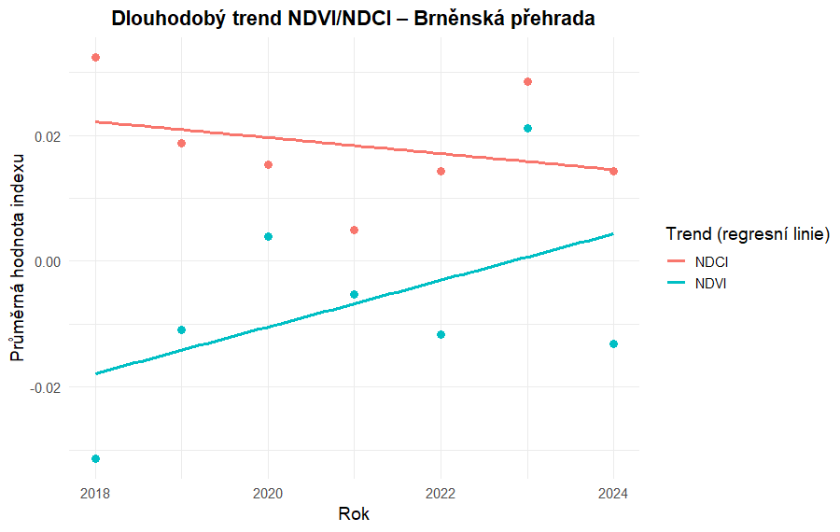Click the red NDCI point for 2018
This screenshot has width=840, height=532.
coord(95,58)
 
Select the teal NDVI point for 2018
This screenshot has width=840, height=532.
coord(95,458)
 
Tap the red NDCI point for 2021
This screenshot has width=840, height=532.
coord(355,230)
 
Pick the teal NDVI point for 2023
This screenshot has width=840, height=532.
coord(527,128)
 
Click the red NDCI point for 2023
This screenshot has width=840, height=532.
coord(527,82)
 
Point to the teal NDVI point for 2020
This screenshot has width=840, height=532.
coord(268,236)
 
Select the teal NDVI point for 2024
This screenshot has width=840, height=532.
coord(613,344)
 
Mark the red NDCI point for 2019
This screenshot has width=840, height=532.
coord(182,143)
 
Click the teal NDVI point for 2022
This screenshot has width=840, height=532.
coord(441,334)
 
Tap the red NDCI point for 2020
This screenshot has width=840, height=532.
coord(268,164)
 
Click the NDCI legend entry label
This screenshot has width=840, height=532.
coord(711,261)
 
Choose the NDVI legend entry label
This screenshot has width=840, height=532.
coord(711,283)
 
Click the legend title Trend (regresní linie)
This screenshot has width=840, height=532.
coord(747,233)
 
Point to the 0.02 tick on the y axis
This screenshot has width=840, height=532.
coord(47,136)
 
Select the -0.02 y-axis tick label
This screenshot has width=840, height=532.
coord(45,386)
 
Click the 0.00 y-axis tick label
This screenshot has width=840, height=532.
coord(47,261)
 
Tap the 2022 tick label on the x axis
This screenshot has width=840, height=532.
coord(441,491)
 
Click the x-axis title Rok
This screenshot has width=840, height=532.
coord(354,514)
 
